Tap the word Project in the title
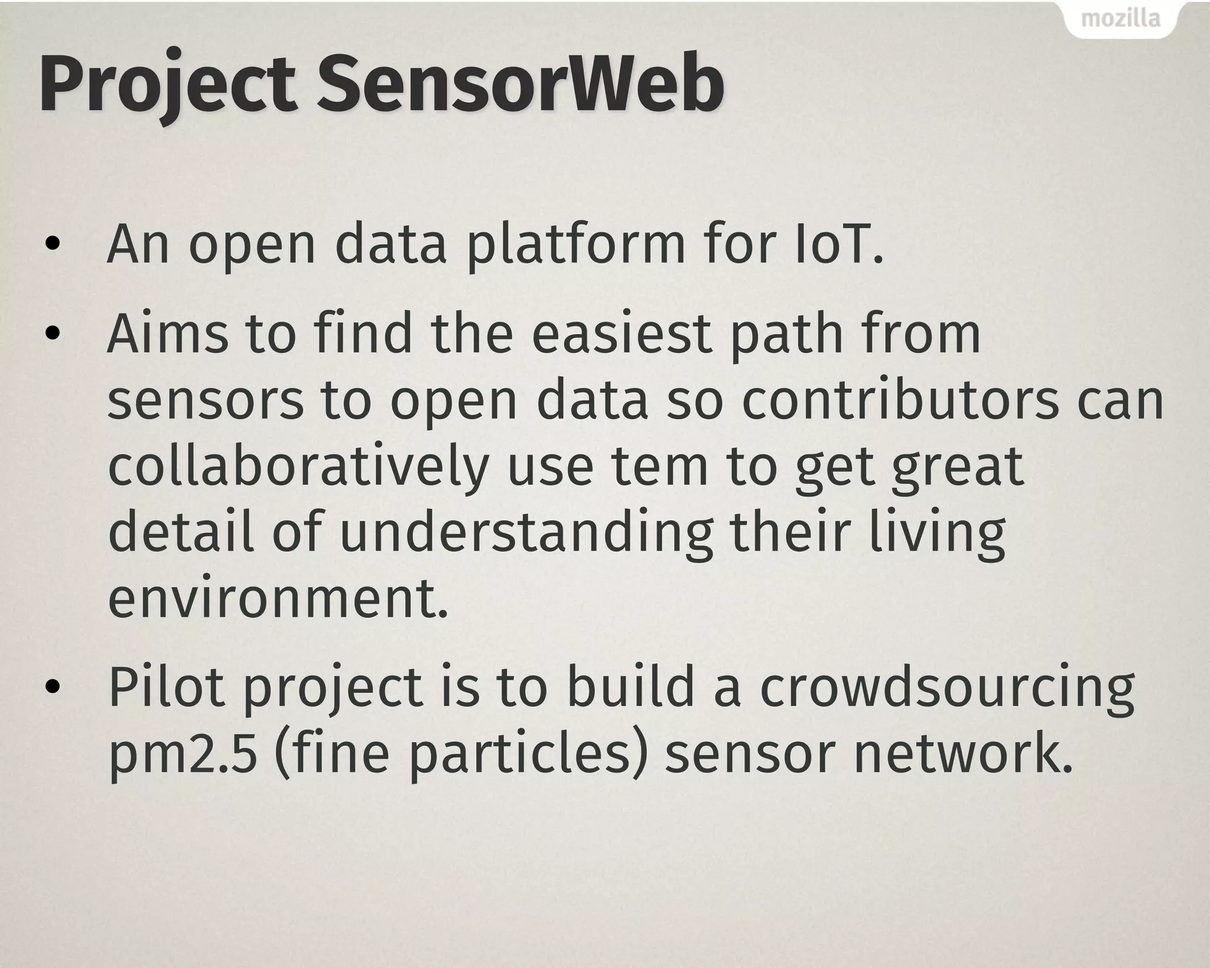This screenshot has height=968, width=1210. click(167, 85)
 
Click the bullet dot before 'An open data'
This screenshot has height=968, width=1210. click(53, 245)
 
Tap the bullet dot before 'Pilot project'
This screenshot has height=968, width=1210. click(53, 687)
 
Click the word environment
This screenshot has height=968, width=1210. click(278, 599)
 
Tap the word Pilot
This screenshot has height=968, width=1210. click(167, 687)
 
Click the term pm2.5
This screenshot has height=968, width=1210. click(183, 758)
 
